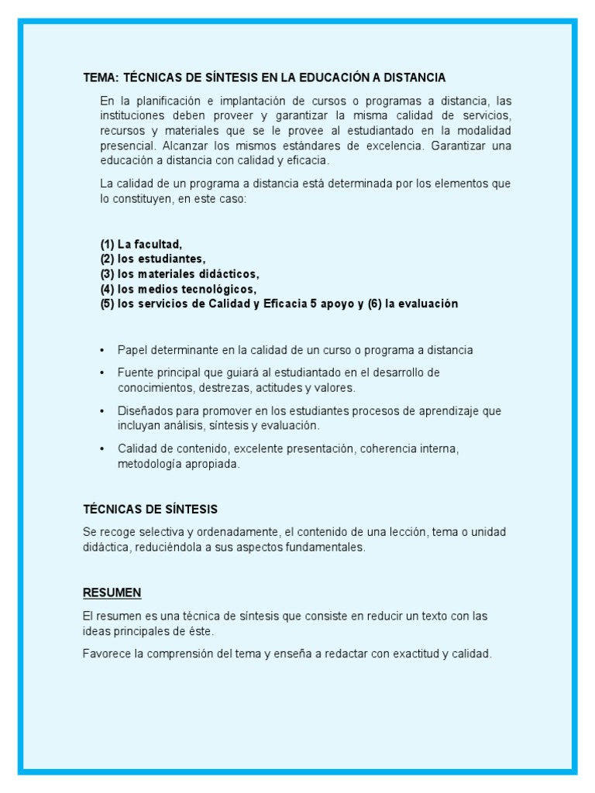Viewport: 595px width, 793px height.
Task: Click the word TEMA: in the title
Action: coord(99,77)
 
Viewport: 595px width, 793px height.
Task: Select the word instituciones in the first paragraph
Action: coord(132,115)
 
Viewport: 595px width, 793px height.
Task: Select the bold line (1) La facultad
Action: coord(141,244)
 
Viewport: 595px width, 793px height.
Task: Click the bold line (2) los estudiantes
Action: coord(153,259)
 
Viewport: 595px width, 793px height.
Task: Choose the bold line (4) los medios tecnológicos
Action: coord(177,289)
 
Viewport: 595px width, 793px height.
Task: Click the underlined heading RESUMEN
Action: coord(112,592)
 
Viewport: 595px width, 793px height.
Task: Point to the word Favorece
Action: coord(106,654)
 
